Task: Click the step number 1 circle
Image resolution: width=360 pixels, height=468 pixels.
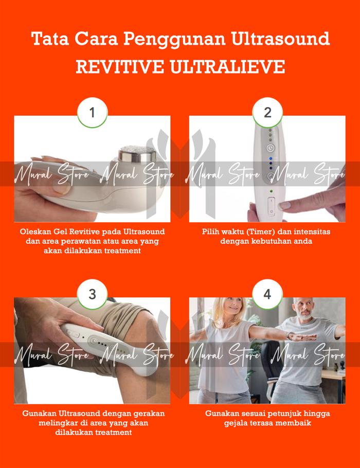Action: coord(93,113)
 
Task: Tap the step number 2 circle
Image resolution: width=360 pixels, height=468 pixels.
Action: coord(267,113)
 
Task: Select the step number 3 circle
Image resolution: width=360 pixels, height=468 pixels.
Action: coord(93,294)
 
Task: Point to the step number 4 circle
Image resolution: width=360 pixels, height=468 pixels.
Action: coord(267,294)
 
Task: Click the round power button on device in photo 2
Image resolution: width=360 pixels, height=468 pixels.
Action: coord(269,148)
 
